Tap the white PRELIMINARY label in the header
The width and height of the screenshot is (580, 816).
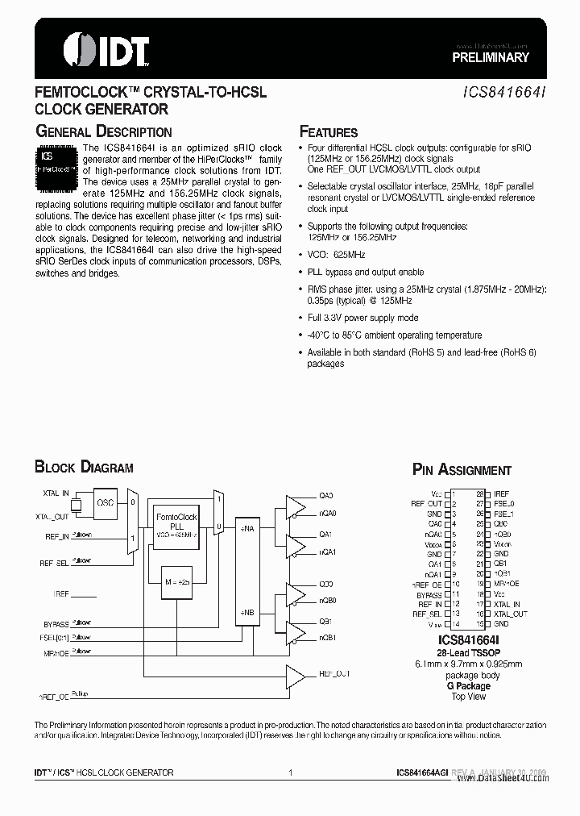tap(490, 57)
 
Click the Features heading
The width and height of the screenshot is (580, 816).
tap(329, 132)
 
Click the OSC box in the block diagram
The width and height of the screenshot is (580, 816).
tap(106, 502)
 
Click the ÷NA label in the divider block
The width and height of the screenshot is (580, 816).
tap(248, 529)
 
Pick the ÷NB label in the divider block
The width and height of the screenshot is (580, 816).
tap(248, 613)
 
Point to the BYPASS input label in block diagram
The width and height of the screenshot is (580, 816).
tap(56, 623)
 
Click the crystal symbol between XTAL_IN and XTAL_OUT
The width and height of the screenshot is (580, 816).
tap(77, 505)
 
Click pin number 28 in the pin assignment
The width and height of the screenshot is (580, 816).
tap(480, 493)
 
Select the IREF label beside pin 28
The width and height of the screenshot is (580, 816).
tap(501, 493)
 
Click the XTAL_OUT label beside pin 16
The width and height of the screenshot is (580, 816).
tap(511, 614)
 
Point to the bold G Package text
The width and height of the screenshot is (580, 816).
tap(458, 685)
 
